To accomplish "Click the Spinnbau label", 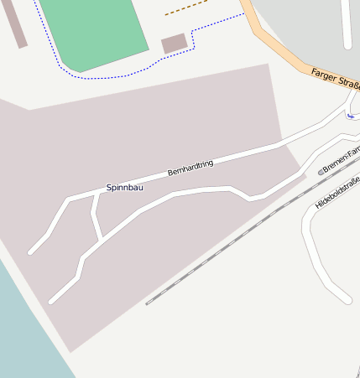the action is coord(124,187).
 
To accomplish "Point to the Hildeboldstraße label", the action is coord(337,194).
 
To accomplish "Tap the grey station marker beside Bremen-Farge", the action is coord(320,172).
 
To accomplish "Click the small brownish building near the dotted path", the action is coord(174,43).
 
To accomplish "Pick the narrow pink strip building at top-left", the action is coord(16,23).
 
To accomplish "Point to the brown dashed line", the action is coord(185,8).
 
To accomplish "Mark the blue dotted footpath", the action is coord(117,77).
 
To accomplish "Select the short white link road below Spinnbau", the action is coord(97,217).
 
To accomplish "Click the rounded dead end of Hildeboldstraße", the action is coord(344,297).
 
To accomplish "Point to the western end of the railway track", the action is coord(147,303).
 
